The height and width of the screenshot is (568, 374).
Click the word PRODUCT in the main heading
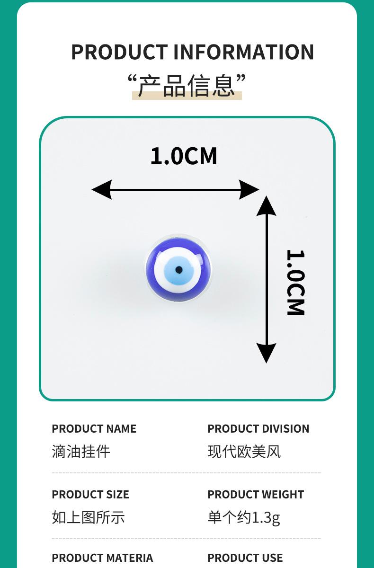pyautogui.click(x=119, y=52)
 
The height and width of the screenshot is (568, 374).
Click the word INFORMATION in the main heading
pyautogui.click(x=243, y=52)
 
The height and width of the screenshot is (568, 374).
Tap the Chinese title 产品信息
pyautogui.click(x=187, y=86)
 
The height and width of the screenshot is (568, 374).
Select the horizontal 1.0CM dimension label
pyautogui.click(x=184, y=156)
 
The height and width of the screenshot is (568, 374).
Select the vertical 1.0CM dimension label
pyautogui.click(x=295, y=282)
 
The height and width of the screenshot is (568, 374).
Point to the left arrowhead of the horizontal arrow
pyautogui.click(x=101, y=190)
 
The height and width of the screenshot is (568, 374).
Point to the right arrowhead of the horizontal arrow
pyautogui.click(x=249, y=190)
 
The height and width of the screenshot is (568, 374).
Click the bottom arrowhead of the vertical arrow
pyautogui.click(x=267, y=353)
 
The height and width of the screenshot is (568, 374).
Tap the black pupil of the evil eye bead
pyautogui.click(x=178, y=270)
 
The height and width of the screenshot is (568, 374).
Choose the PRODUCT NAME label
pyautogui.click(x=94, y=429)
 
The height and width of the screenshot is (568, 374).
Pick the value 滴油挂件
pyautogui.click(x=80, y=452)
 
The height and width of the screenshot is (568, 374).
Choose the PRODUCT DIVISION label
pyautogui.click(x=258, y=429)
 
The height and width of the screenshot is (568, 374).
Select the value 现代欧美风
pyautogui.click(x=244, y=452)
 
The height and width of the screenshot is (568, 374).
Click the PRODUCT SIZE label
pyautogui.click(x=90, y=495)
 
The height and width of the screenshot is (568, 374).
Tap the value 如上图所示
pyautogui.click(x=88, y=517)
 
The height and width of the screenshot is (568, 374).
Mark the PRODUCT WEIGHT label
pyautogui.click(x=255, y=495)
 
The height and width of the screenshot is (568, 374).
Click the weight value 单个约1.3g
pyautogui.click(x=244, y=517)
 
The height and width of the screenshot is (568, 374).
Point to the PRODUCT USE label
pyautogui.click(x=245, y=558)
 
